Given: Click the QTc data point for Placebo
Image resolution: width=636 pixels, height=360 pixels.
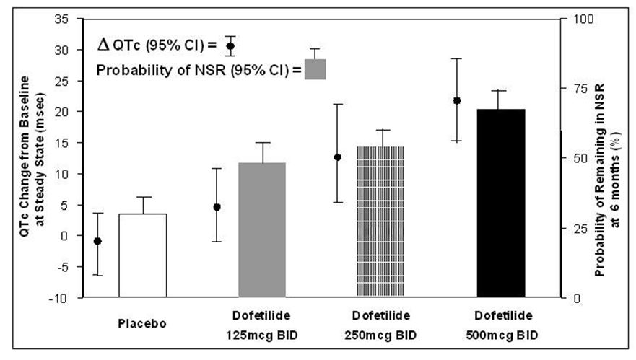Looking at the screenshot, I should (x=97, y=241).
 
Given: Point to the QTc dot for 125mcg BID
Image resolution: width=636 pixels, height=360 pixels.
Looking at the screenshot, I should (x=217, y=207).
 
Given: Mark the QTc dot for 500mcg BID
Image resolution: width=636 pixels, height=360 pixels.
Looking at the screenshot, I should (x=456, y=100).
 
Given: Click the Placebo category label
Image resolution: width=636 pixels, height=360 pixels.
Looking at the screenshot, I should (x=143, y=322).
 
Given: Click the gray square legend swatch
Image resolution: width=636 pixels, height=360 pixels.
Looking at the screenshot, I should (x=315, y=70).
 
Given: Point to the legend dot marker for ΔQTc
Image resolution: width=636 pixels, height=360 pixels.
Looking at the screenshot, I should (x=230, y=46).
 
